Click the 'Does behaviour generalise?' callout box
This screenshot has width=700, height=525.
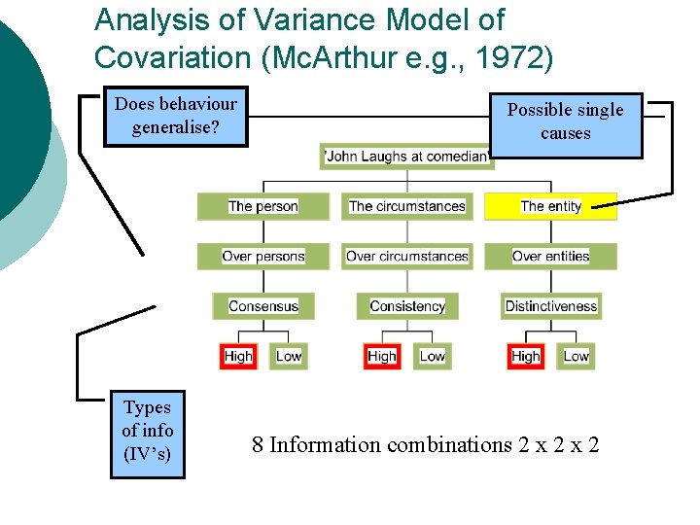175,116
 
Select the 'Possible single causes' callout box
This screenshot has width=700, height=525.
566,122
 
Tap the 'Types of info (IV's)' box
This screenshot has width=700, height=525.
148,431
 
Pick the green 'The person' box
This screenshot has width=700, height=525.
262,206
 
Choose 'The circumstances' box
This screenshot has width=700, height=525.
406,206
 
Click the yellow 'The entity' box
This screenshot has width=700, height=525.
550,206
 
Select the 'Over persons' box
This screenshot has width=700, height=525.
262,257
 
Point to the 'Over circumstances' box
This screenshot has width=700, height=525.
406,257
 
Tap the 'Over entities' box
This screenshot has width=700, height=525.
550,257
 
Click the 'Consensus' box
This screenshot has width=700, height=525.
262,306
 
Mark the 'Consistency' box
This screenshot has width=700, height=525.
406,306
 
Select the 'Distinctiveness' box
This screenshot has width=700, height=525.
550,306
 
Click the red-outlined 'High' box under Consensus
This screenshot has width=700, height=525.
238,357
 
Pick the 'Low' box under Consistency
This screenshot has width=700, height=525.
433,357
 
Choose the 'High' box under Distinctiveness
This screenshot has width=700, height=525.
526,357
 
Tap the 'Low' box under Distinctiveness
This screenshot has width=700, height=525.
577,357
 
